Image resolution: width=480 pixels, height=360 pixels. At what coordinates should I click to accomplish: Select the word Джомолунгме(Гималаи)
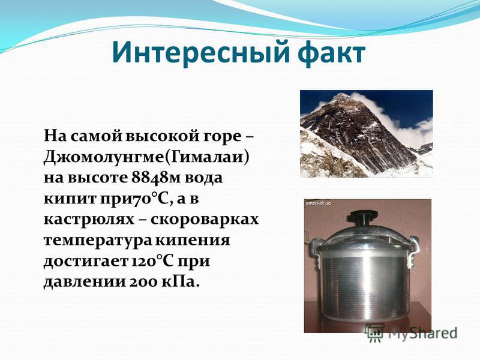(146, 158)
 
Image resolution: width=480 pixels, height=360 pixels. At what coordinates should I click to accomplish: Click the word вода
(203, 178)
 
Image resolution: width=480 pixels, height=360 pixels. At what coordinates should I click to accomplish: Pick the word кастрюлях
(89, 220)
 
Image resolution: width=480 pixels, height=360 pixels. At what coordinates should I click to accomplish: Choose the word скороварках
(205, 220)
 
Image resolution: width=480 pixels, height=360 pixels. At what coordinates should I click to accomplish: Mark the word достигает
(86, 262)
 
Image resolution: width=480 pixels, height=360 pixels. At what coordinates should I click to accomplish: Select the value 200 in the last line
(143, 282)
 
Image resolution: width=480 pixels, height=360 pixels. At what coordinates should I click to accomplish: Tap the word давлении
(85, 282)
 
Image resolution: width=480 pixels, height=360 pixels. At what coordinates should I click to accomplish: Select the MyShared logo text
(423, 333)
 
